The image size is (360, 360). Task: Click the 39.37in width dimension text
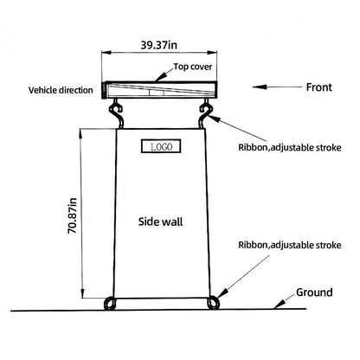click(x=159, y=45)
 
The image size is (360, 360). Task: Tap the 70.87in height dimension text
click(x=72, y=215)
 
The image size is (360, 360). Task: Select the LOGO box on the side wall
click(x=161, y=146)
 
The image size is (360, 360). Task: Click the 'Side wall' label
click(x=160, y=222)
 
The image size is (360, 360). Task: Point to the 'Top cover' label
click(x=193, y=67)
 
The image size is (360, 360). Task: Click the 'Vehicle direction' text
click(x=61, y=90)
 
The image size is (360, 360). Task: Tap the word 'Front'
click(x=319, y=87)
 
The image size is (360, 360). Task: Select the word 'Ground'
click(x=314, y=292)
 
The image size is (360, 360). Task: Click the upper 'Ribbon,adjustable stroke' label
click(x=290, y=147)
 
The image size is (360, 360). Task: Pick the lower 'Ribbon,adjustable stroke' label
click(x=290, y=245)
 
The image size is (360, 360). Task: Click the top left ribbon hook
click(x=116, y=113)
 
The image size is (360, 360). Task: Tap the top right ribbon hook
click(x=206, y=113)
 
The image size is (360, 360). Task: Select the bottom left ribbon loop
click(x=110, y=304)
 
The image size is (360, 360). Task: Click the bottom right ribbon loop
click(x=213, y=303)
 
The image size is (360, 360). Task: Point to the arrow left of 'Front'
click(x=277, y=87)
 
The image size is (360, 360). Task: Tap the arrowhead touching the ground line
click(x=280, y=305)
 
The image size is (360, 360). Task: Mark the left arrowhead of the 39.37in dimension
click(x=106, y=53)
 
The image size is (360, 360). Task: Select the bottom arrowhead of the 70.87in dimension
click(x=82, y=293)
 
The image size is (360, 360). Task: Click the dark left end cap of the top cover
click(x=103, y=91)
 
